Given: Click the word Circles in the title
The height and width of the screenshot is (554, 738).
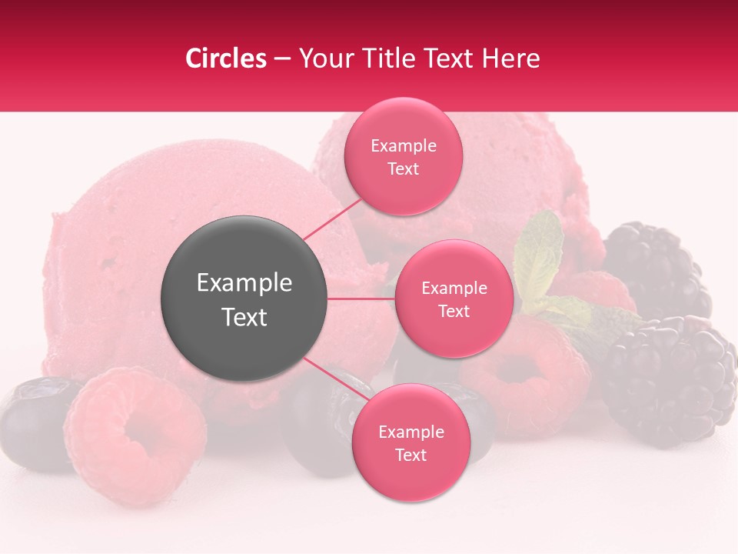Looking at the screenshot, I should tap(225, 58).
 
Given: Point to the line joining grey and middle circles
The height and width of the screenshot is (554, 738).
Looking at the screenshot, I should tap(361, 299).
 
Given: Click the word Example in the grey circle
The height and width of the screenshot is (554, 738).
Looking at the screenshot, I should tap(244, 283).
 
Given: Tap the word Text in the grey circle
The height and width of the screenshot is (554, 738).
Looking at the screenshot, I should tap(244, 317).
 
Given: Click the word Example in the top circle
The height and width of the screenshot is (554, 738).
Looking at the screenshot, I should tap(403, 146).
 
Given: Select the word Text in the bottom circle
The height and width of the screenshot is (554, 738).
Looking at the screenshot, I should tap(411, 455).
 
